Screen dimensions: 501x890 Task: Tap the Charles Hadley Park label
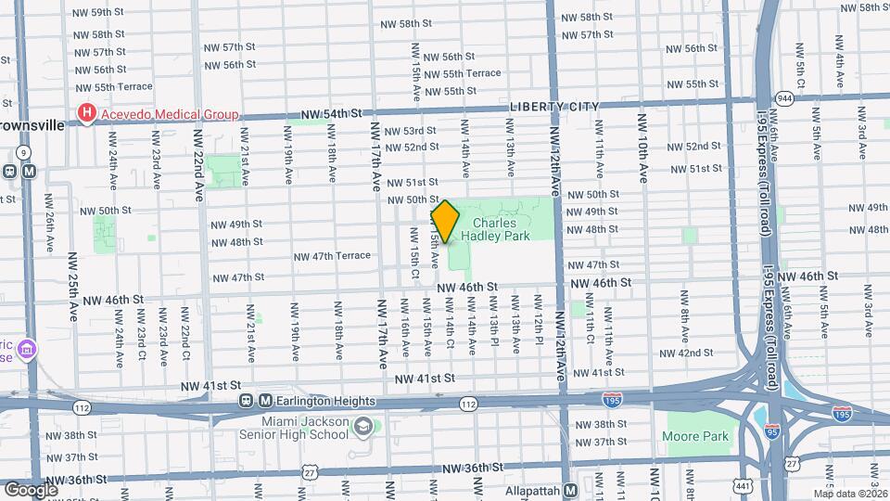502,229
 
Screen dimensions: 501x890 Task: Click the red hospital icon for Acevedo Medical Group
87,114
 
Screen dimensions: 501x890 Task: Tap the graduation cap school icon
363,427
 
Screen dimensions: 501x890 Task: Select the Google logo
31,489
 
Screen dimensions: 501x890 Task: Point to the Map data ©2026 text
851,494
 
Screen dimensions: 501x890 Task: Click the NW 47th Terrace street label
332,256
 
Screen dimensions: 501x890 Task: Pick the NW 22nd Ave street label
199,164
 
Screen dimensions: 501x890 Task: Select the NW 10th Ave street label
642,148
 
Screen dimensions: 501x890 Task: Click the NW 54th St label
329,113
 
